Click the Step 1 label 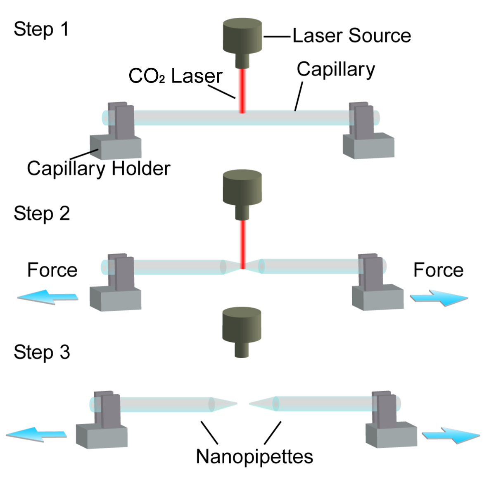[41, 30]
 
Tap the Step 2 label [42, 214]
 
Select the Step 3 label [42, 352]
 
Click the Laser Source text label [352, 35]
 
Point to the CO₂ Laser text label [175, 76]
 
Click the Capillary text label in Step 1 [335, 69]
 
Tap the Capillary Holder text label [99, 168]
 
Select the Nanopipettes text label [254, 457]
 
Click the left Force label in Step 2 [52, 270]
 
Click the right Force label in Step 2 [438, 270]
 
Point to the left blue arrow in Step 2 [48, 297]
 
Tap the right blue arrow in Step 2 [439, 298]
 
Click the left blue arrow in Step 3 [36, 434]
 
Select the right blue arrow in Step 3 [451, 435]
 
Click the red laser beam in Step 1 [242, 90]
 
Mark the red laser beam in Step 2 [243, 244]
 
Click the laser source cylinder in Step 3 [242, 332]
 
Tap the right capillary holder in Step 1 [368, 130]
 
